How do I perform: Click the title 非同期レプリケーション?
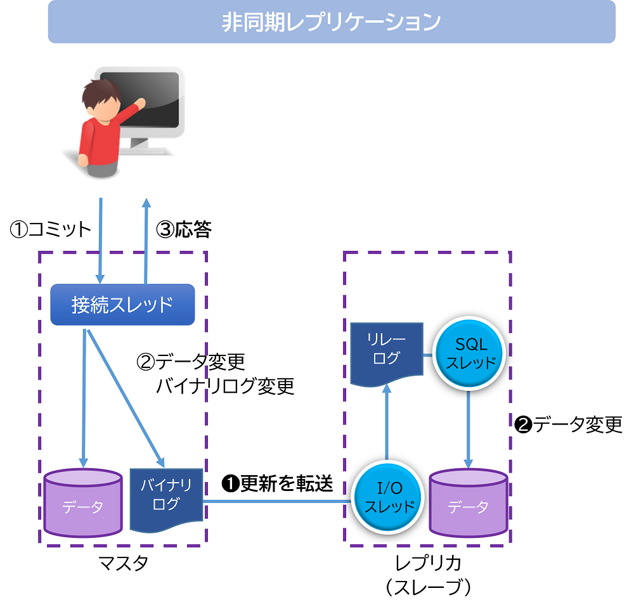pyautogui.click(x=331, y=22)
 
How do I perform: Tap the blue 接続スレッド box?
pyautogui.click(x=122, y=305)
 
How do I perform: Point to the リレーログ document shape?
pyautogui.click(x=386, y=351)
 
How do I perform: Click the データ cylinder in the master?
pyautogui.click(x=83, y=504)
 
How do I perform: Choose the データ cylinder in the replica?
pyautogui.click(x=469, y=504)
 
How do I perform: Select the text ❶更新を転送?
pyautogui.click(x=277, y=483)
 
